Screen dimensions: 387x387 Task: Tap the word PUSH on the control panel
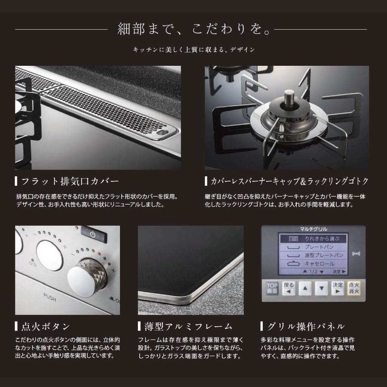tap(50, 296)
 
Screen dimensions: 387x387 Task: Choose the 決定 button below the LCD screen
tap(337, 288)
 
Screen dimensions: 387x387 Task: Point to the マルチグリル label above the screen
tap(313, 229)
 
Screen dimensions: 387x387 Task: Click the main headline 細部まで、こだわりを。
tap(194, 30)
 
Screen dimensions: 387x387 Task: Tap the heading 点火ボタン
tap(45, 326)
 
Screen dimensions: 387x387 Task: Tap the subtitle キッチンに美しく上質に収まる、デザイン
tap(194, 50)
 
